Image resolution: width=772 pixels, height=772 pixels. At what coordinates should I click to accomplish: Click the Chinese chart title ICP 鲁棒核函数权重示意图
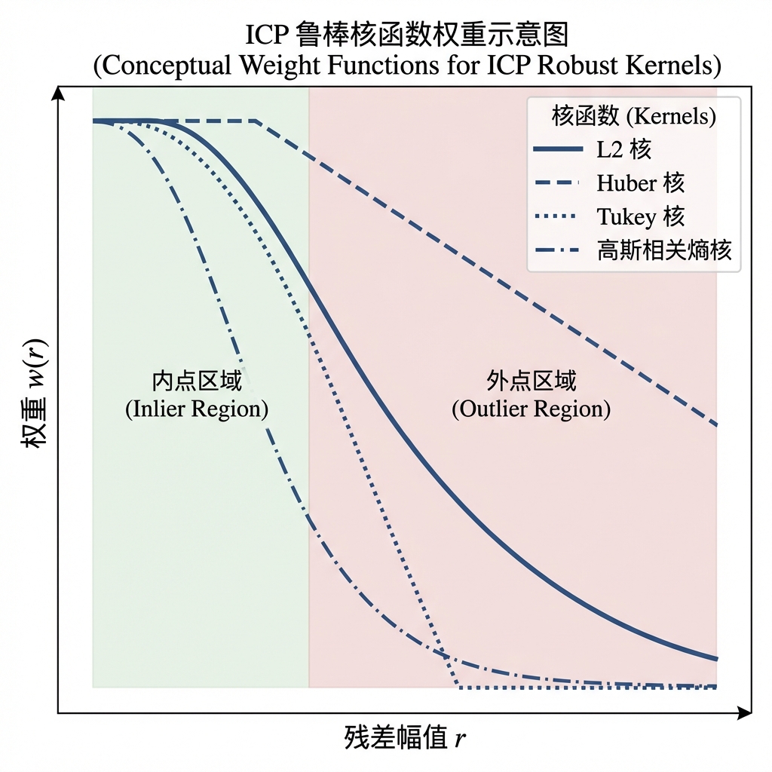[407, 35]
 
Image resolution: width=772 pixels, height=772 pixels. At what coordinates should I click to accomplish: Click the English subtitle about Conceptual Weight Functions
[407, 65]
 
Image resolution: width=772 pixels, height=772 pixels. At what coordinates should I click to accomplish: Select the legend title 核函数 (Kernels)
[633, 116]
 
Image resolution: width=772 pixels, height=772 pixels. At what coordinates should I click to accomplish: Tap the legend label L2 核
[624, 149]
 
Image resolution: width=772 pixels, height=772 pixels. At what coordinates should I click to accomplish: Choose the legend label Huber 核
[641, 183]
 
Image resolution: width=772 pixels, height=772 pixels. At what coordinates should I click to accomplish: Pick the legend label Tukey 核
[641, 217]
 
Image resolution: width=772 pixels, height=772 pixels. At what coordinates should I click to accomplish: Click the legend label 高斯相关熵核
[664, 250]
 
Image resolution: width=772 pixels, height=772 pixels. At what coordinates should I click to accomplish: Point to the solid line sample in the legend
[559, 149]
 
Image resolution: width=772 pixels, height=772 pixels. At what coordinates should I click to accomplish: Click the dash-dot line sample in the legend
[559, 250]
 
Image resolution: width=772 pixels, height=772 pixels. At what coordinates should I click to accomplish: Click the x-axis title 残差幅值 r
[406, 737]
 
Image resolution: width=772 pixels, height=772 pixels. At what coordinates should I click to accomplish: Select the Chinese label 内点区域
[197, 380]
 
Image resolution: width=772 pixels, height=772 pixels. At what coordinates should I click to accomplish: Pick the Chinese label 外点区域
[531, 380]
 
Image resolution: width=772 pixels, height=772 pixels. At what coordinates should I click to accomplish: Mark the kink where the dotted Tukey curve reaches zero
[458, 687]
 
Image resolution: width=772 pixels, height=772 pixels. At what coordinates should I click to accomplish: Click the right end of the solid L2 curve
[715, 658]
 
